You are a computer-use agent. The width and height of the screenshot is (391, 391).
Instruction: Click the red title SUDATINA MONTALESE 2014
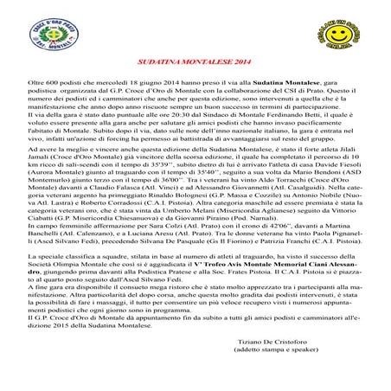point(195,63)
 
